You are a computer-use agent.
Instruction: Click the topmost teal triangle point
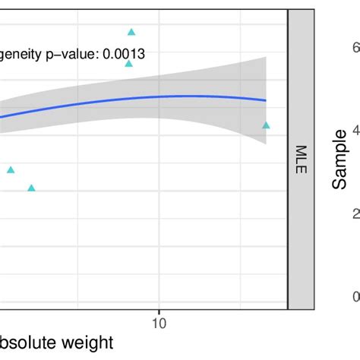click(131, 32)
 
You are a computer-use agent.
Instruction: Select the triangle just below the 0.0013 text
click(129, 64)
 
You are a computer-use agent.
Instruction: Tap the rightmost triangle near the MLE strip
click(266, 125)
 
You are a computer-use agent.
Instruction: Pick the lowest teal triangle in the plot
click(31, 188)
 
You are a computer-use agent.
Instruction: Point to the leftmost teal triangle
click(11, 170)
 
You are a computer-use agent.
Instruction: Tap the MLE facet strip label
click(301, 159)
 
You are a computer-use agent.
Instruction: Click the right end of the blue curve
click(266, 100)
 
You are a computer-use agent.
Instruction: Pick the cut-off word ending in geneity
click(21, 55)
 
